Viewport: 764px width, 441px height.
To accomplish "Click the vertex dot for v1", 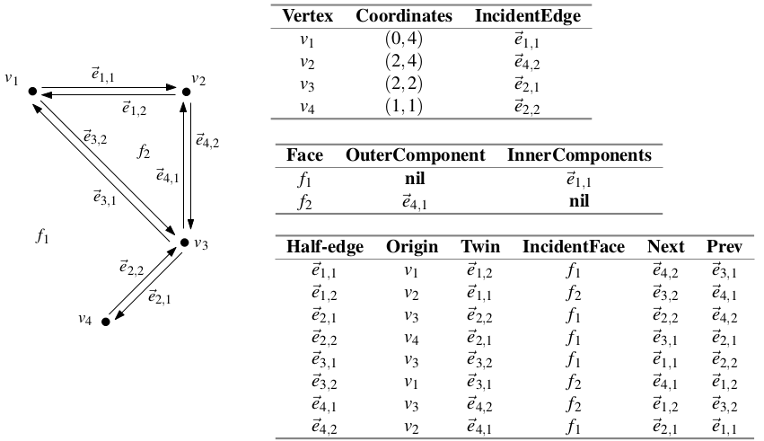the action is (32, 91).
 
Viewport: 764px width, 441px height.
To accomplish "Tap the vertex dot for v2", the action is (186, 92).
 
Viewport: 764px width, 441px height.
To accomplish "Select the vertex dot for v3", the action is (184, 243).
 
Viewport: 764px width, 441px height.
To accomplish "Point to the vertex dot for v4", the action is (106, 322).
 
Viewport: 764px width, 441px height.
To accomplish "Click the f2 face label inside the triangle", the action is (144, 152).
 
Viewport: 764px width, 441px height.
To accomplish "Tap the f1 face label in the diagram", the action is (42, 236).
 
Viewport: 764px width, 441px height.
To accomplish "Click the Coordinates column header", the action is (404, 15).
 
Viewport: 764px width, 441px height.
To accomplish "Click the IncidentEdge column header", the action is (528, 15).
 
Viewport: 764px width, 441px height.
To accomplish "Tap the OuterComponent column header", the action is (415, 155).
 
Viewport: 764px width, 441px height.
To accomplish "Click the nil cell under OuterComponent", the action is (415, 179).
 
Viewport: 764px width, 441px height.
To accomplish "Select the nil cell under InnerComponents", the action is (579, 201).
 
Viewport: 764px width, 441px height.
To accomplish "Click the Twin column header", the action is (480, 247).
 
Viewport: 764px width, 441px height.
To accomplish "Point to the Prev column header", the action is (724, 247).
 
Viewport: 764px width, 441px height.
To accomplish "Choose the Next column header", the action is (665, 247).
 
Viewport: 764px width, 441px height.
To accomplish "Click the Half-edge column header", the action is (324, 247).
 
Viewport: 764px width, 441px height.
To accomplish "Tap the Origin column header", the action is (412, 247).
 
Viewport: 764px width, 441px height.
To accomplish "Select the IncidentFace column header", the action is (574, 247).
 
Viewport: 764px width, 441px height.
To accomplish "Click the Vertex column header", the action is (307, 15).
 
